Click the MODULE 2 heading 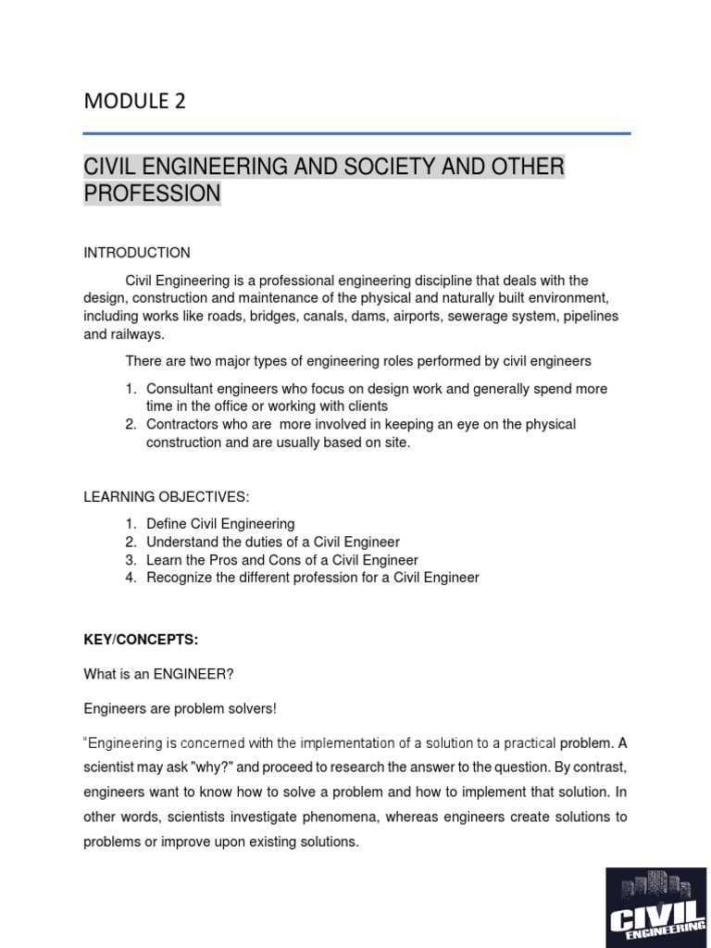click(x=134, y=102)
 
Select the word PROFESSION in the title click(x=152, y=193)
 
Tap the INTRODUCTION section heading click(x=137, y=253)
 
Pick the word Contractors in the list click(x=183, y=424)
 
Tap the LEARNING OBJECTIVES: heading click(x=167, y=497)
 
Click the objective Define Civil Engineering click(x=220, y=524)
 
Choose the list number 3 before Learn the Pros click(x=131, y=560)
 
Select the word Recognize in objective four click(x=178, y=578)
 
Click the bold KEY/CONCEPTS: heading click(x=141, y=640)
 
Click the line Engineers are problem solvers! click(x=181, y=708)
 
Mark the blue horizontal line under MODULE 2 click(x=356, y=133)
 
